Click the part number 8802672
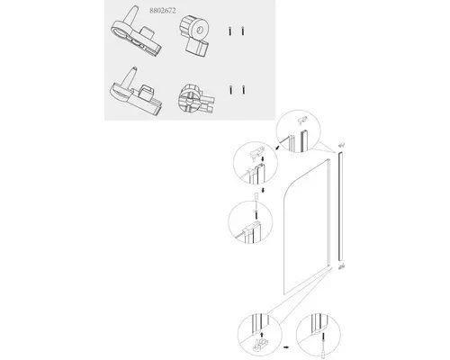pos(163,11)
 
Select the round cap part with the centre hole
pos(194,36)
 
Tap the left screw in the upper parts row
pos(229,31)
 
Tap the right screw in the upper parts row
pos(243,31)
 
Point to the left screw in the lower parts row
pos(230,90)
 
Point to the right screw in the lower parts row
pos(243,90)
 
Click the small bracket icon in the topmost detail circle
pos(301,121)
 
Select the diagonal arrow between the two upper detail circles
pos(277,148)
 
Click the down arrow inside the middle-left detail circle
pos(263,158)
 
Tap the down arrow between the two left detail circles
pos(263,190)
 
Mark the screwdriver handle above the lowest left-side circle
pos(256,197)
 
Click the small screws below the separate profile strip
pos(341,266)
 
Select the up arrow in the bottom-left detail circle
pos(262,334)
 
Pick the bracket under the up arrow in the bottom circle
pos(260,345)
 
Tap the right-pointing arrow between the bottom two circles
pos(286,347)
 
